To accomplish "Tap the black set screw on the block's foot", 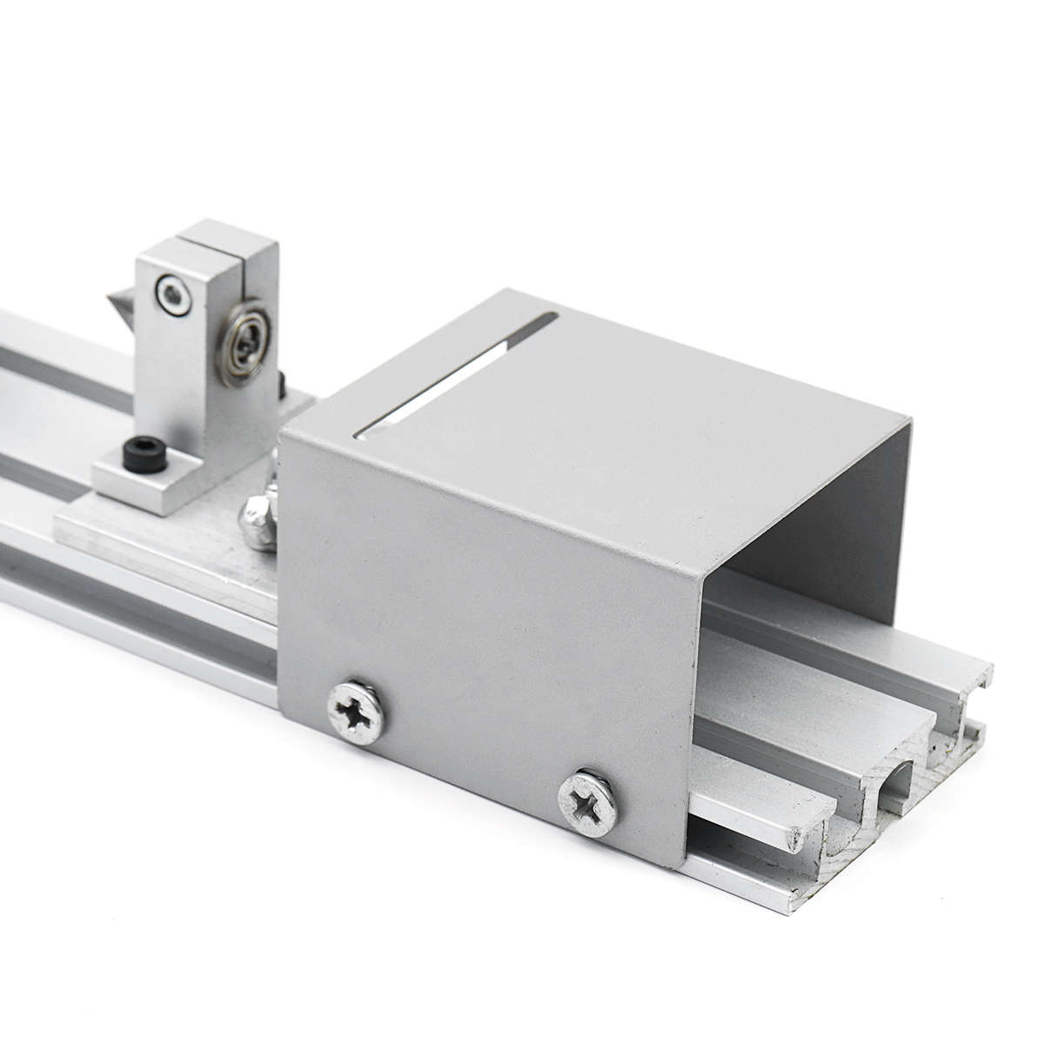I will tap(137, 452).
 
